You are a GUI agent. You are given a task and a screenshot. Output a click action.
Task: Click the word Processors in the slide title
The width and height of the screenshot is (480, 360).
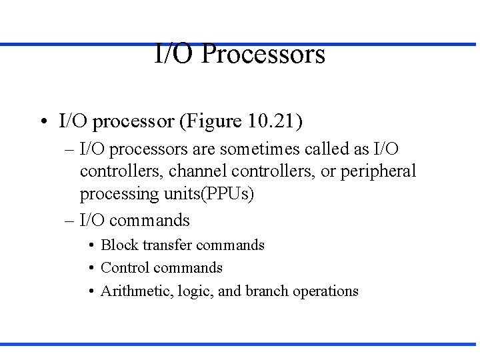[x=263, y=54]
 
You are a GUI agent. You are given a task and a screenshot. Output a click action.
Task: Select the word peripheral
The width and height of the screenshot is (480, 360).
[x=378, y=171]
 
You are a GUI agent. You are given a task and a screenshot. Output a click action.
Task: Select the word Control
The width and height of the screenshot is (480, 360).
[x=124, y=268]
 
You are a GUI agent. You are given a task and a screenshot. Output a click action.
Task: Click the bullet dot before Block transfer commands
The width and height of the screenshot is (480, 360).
[x=91, y=246]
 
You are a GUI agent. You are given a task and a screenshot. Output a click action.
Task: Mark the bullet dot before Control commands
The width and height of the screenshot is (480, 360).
[x=91, y=269]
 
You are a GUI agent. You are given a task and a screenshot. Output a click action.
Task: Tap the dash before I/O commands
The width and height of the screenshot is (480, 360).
[x=70, y=221]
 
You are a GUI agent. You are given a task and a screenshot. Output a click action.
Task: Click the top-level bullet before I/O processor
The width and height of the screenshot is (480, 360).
[x=43, y=122]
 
